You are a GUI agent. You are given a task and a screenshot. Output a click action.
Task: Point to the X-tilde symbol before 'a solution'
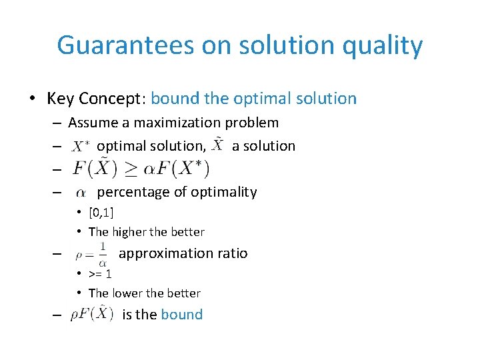(x=218, y=145)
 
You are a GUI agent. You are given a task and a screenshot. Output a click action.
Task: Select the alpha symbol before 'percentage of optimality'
(x=81, y=193)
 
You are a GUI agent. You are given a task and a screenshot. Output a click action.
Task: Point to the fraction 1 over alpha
(x=102, y=253)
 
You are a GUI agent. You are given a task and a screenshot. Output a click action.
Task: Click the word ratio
(x=231, y=253)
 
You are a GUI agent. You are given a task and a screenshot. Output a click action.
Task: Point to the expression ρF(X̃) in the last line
(x=93, y=313)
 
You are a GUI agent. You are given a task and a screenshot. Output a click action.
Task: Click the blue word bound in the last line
(x=181, y=315)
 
